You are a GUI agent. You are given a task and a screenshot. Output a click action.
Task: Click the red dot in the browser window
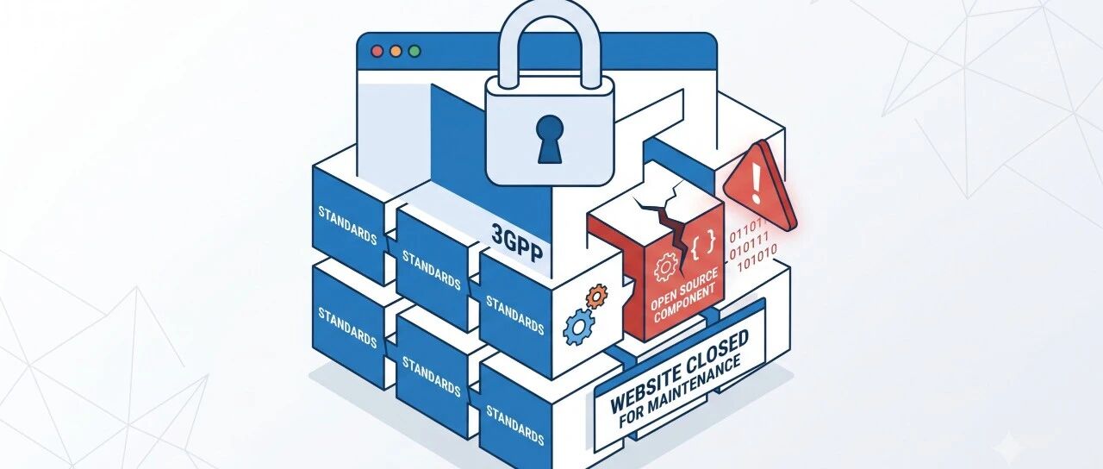click(377, 51)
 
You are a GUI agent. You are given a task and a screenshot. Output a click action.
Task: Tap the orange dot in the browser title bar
click(396, 51)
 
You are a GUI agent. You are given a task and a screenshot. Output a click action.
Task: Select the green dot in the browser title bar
click(414, 51)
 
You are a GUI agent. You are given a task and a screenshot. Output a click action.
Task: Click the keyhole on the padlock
click(549, 139)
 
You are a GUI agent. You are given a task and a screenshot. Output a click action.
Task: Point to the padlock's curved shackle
click(550, 20)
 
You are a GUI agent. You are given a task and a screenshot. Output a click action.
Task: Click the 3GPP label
click(517, 242)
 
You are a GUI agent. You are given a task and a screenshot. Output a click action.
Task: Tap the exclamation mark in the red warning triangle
click(757, 184)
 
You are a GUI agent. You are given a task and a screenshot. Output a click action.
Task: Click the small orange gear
click(597, 296)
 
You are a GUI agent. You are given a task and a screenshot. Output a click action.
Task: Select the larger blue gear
click(579, 326)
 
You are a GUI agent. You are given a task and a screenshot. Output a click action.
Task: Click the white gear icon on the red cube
click(665, 266)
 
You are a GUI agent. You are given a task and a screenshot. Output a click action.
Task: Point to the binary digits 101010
click(757, 258)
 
